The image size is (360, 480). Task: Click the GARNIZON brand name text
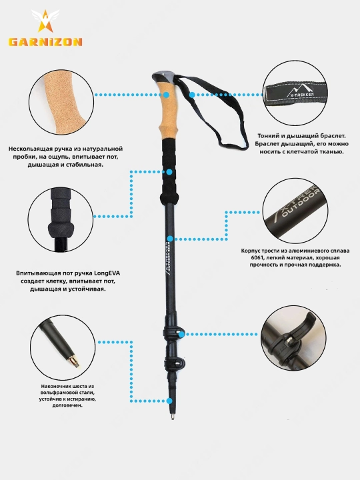(x=45, y=41)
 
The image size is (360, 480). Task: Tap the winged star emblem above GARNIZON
(x=45, y=21)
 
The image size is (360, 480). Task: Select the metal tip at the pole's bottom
(x=173, y=416)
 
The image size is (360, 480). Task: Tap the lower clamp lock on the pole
(x=174, y=363)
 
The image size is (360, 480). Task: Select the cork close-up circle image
(x=61, y=102)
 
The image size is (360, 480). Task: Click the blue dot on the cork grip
(x=166, y=95)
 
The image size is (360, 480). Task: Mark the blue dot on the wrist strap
(x=192, y=95)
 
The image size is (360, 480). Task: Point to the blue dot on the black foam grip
(x=169, y=172)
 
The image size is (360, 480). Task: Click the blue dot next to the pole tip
(x=169, y=401)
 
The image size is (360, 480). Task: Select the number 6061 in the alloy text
(x=257, y=257)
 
